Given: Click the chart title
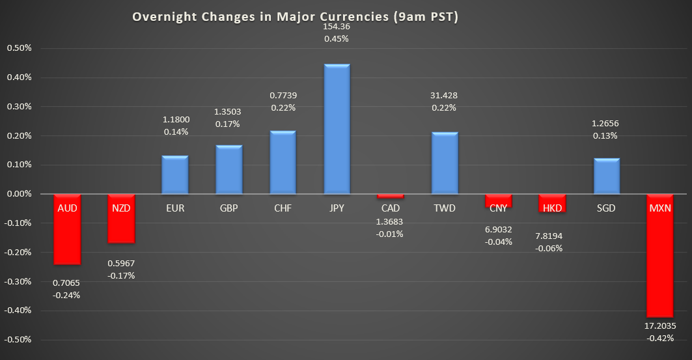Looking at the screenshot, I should pos(296,18).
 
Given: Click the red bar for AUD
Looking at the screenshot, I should pos(67,234).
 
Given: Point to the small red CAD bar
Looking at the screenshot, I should pos(391,196).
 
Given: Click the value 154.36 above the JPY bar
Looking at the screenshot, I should pos(337,26).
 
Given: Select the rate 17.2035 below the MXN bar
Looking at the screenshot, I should pos(659,326).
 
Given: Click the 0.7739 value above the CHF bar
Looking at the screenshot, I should pos(283,95).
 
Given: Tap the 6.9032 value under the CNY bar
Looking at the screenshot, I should pos(498,229).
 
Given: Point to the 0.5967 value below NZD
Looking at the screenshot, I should pos(121,263).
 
